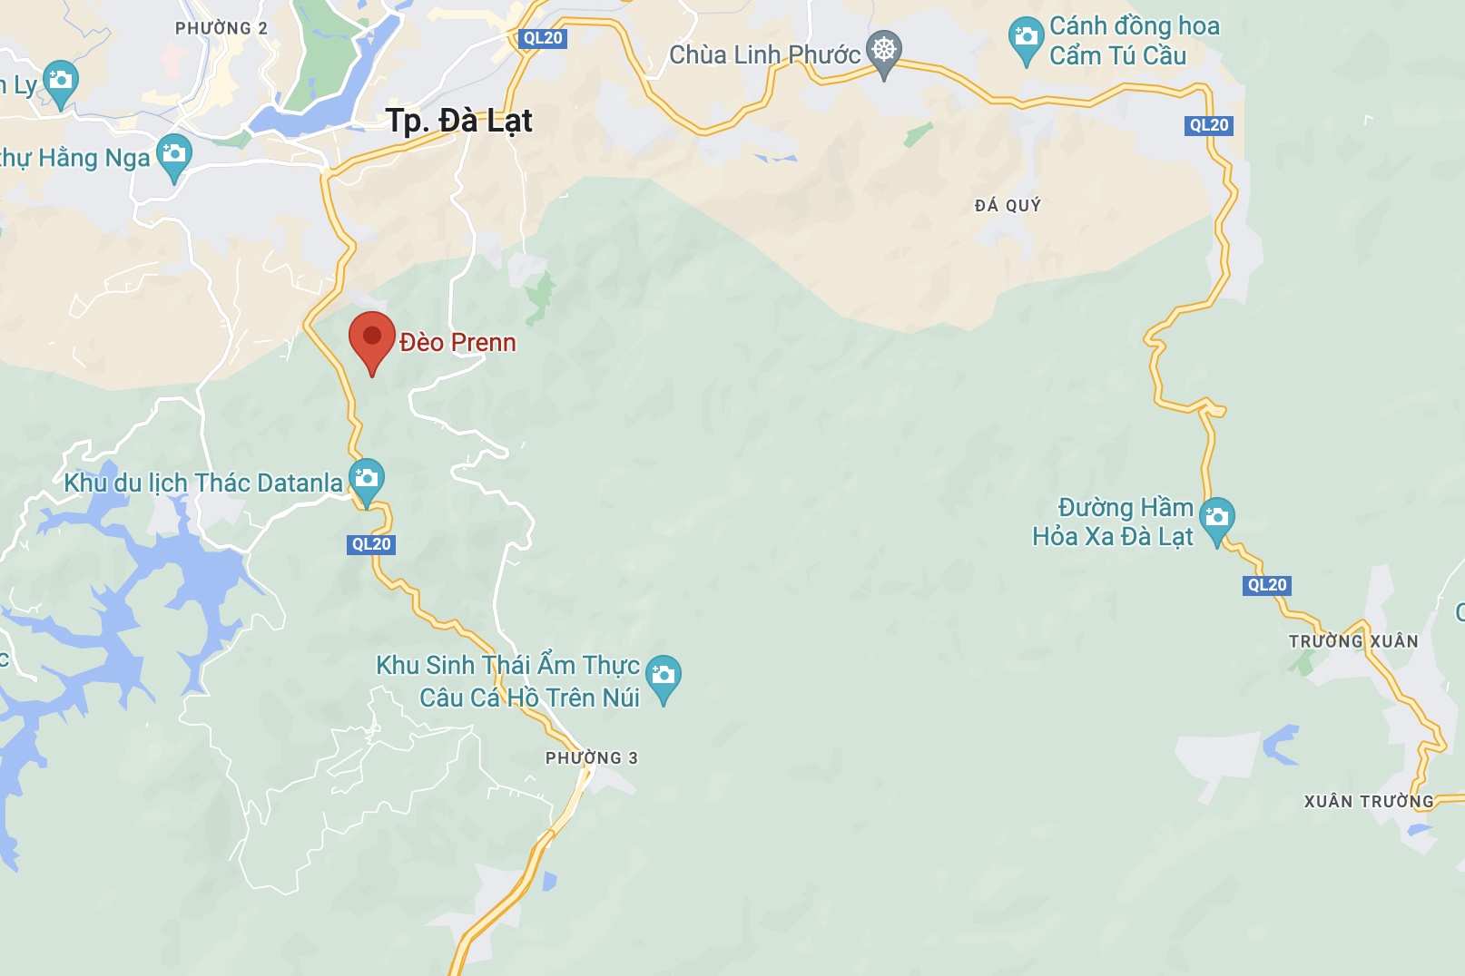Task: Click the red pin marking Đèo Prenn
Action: [x=372, y=338]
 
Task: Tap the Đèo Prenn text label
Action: [x=457, y=343]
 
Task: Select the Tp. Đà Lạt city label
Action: [x=458, y=121]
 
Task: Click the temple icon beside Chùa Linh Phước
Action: [x=883, y=50]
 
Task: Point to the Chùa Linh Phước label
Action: [x=764, y=55]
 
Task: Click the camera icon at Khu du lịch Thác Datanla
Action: [x=367, y=478]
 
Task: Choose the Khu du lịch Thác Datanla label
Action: [x=203, y=483]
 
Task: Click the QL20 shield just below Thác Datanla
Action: [x=371, y=544]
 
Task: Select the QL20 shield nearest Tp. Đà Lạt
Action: [x=543, y=38]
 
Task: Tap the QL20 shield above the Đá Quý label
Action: [x=1208, y=125]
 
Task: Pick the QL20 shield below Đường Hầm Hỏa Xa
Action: [x=1266, y=585]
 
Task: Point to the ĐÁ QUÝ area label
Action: [x=1008, y=206]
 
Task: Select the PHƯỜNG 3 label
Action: [x=591, y=758]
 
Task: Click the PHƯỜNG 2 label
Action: [x=221, y=28]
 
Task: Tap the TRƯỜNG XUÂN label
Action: [x=1352, y=641]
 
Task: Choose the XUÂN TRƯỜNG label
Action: [x=1369, y=802]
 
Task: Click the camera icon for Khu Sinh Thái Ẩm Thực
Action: [x=663, y=676]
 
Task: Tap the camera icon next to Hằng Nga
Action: [x=173, y=154]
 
